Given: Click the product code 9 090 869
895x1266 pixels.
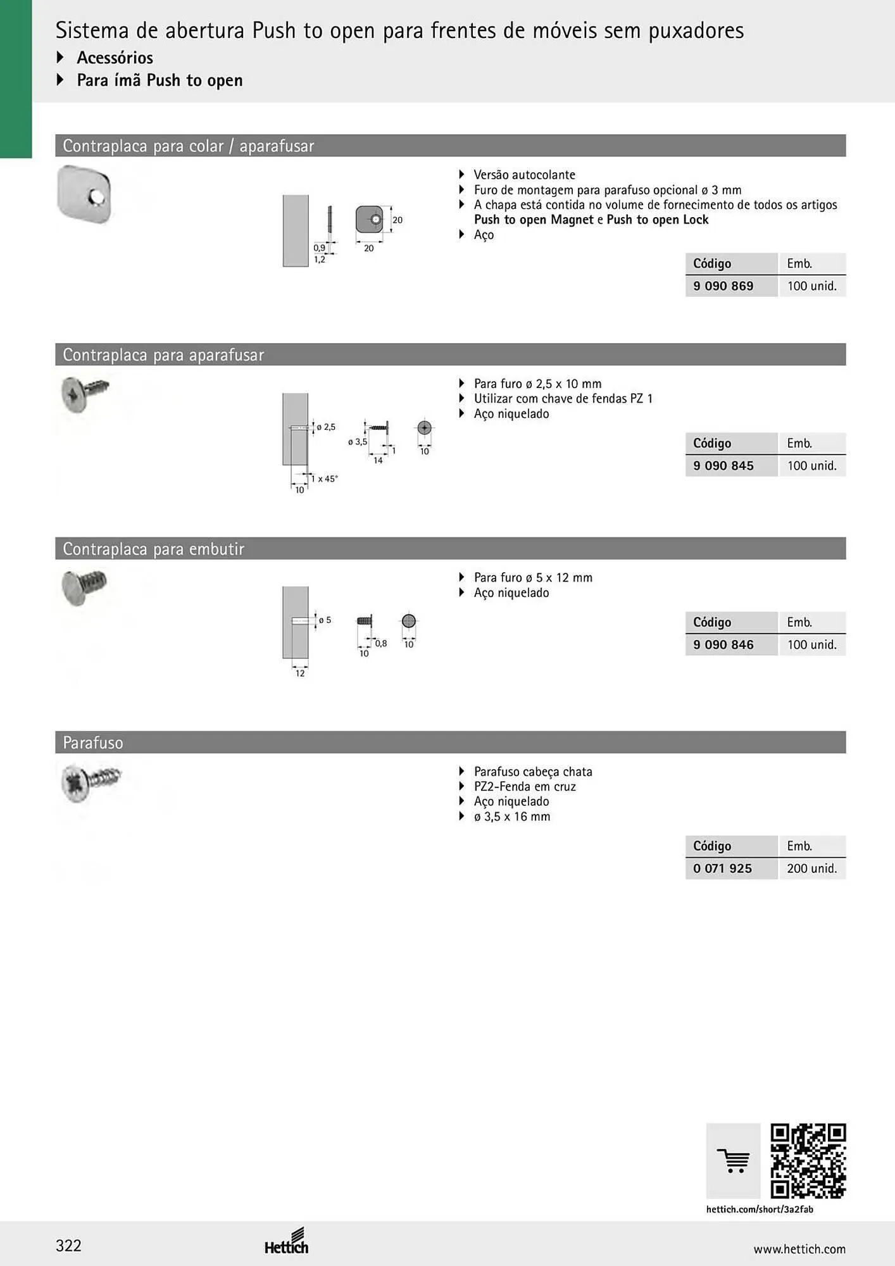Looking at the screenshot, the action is [x=723, y=286].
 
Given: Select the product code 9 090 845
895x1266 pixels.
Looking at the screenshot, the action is [x=723, y=466].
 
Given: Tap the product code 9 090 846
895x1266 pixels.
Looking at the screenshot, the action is [x=723, y=645].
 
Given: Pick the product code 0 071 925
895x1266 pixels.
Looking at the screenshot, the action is [x=722, y=868].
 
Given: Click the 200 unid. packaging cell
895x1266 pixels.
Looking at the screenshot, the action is [x=812, y=868].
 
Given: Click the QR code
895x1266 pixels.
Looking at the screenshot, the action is [x=808, y=1161].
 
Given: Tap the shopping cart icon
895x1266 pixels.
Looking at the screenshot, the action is [x=733, y=1161].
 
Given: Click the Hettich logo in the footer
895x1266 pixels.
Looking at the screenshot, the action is [x=287, y=1241].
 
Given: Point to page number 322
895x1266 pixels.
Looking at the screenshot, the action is [x=68, y=1246].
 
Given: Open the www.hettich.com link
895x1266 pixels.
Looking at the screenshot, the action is [x=799, y=1249].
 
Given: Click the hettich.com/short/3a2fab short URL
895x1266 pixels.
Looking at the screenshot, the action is [x=760, y=1209].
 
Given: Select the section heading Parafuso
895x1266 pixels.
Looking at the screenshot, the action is [x=93, y=743].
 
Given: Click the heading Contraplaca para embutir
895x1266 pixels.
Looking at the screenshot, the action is [x=154, y=549].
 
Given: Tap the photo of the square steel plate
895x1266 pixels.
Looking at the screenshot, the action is [x=84, y=194].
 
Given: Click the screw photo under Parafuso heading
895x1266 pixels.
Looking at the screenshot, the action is [x=91, y=782].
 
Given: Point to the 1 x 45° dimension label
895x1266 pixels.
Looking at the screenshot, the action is [x=324, y=479].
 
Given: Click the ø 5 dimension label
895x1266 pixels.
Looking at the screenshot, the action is [x=325, y=620].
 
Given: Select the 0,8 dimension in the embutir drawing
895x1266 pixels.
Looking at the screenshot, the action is [x=381, y=643].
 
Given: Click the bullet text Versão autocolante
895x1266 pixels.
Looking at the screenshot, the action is [x=525, y=175].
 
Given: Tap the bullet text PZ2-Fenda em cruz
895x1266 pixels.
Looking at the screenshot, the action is [x=525, y=787].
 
